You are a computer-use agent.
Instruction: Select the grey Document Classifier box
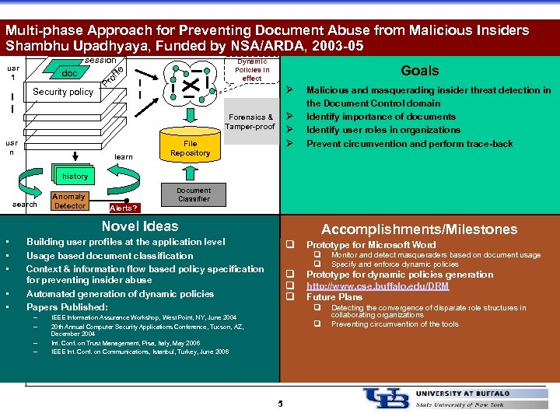pyautogui.click(x=193, y=194)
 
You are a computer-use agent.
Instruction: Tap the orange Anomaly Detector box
pyautogui.click(x=70, y=201)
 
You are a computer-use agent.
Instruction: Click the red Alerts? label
pyautogui.click(x=124, y=208)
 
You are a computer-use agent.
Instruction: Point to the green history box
pyautogui.click(x=75, y=177)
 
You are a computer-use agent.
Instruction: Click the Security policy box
pyautogui.click(x=63, y=92)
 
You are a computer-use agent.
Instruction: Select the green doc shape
pyautogui.click(x=70, y=73)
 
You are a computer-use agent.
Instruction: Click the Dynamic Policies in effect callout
pyautogui.click(x=251, y=70)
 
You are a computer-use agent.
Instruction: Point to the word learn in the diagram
pyautogui.click(x=123, y=157)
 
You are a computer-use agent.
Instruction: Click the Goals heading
pyautogui.click(x=419, y=71)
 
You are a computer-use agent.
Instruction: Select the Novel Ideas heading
pyautogui.click(x=140, y=226)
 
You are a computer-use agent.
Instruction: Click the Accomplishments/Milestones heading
pyautogui.click(x=419, y=229)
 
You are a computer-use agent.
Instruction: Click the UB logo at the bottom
pyautogui.click(x=386, y=398)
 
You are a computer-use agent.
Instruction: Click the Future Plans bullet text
pyautogui.click(x=334, y=297)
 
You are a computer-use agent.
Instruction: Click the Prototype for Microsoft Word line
pyautogui.click(x=371, y=244)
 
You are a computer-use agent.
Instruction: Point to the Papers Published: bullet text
pyautogui.click(x=67, y=306)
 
